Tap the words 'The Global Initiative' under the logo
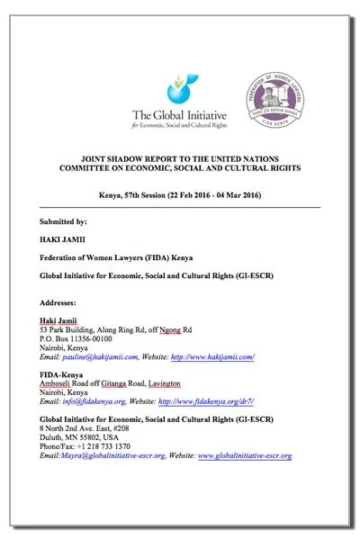coord(179,114)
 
